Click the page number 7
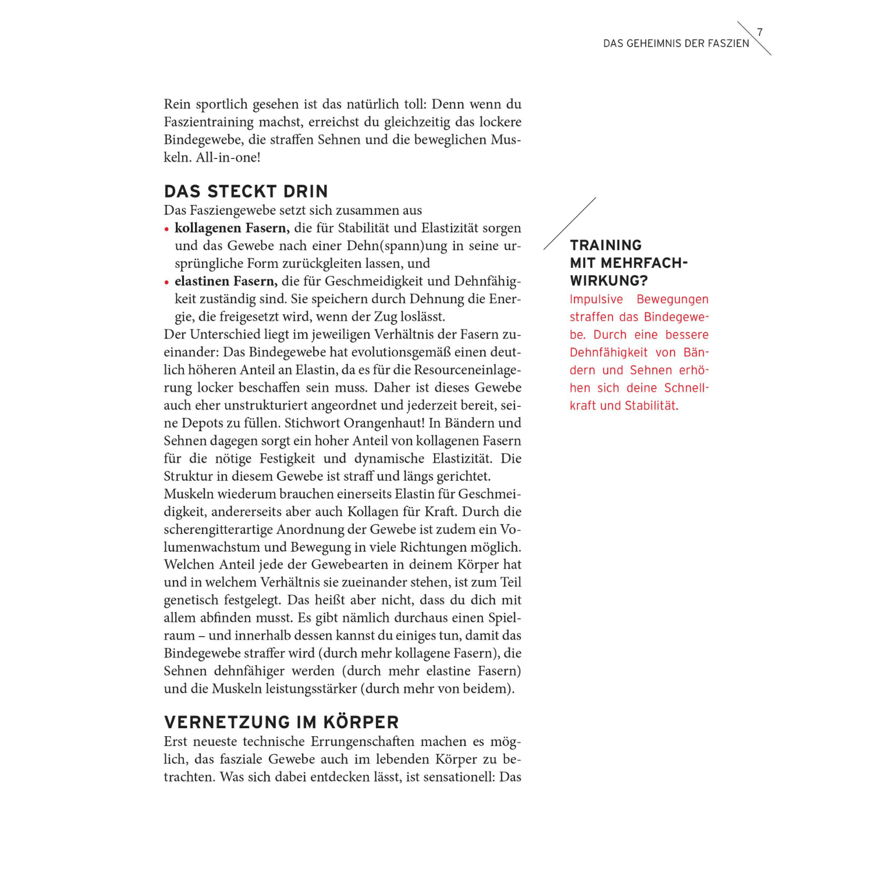pos(760,33)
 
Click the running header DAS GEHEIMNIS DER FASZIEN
pos(676,44)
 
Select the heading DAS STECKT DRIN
pos(246,191)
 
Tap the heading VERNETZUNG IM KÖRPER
pos(281,722)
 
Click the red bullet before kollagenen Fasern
pos(167,229)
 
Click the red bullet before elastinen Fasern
pos(167,282)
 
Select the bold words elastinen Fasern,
pos(226,281)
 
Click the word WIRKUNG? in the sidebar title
pos(609,281)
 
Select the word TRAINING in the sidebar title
pos(605,245)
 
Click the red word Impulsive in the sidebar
pos(596,299)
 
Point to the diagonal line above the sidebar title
pos(570,223)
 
